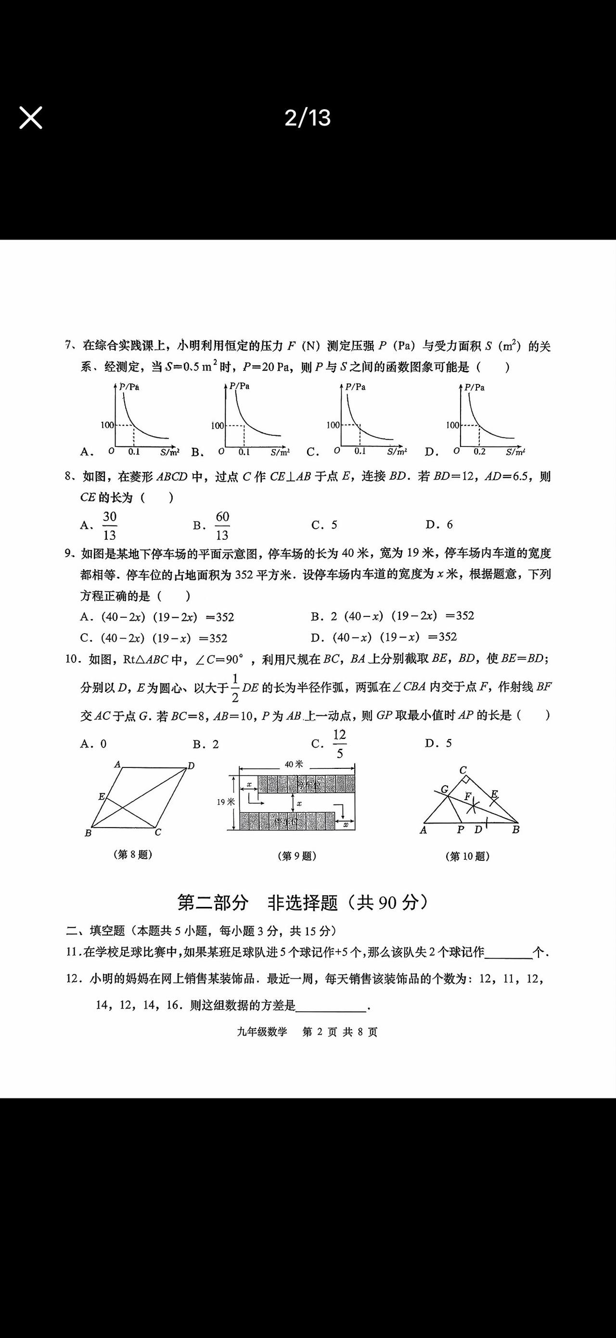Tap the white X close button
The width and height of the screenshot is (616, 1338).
pyautogui.click(x=31, y=117)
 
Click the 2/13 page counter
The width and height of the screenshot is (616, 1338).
pyautogui.click(x=308, y=118)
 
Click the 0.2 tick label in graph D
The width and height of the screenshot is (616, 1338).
pyautogui.click(x=479, y=452)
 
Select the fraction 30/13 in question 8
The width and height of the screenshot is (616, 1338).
pyautogui.click(x=109, y=526)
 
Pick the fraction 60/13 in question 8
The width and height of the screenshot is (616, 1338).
pyautogui.click(x=222, y=526)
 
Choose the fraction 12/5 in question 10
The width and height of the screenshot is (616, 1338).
pyautogui.click(x=339, y=744)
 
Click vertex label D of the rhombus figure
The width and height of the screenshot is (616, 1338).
pyautogui.click(x=191, y=765)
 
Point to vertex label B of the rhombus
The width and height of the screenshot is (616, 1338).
pyautogui.click(x=88, y=833)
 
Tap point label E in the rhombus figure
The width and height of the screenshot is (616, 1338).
pyautogui.click(x=101, y=796)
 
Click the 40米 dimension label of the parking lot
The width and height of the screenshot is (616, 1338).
pyautogui.click(x=294, y=764)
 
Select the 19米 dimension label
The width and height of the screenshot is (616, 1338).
pyautogui.click(x=226, y=802)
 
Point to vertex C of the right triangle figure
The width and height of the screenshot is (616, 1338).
pyautogui.click(x=463, y=770)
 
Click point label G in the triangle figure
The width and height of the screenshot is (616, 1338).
pyautogui.click(x=445, y=790)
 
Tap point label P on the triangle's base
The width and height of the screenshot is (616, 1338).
pyautogui.click(x=460, y=830)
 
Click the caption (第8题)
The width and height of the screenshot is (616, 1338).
pyautogui.click(x=132, y=854)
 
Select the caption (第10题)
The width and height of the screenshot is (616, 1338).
pyautogui.click(x=467, y=856)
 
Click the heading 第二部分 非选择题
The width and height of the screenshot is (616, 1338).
pyautogui.click(x=303, y=903)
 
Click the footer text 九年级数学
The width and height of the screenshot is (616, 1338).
pyautogui.click(x=262, y=1032)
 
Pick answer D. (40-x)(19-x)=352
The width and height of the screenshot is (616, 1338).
pyautogui.click(x=384, y=637)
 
